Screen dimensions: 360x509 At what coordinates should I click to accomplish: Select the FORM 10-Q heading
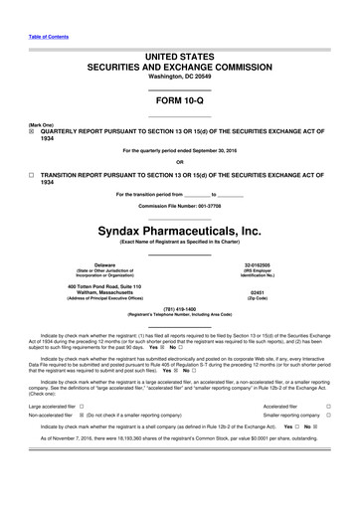point(179,102)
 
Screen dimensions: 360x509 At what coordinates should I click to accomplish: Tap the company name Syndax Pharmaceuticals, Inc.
point(179,230)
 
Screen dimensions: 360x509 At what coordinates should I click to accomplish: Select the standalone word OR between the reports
point(179,162)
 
